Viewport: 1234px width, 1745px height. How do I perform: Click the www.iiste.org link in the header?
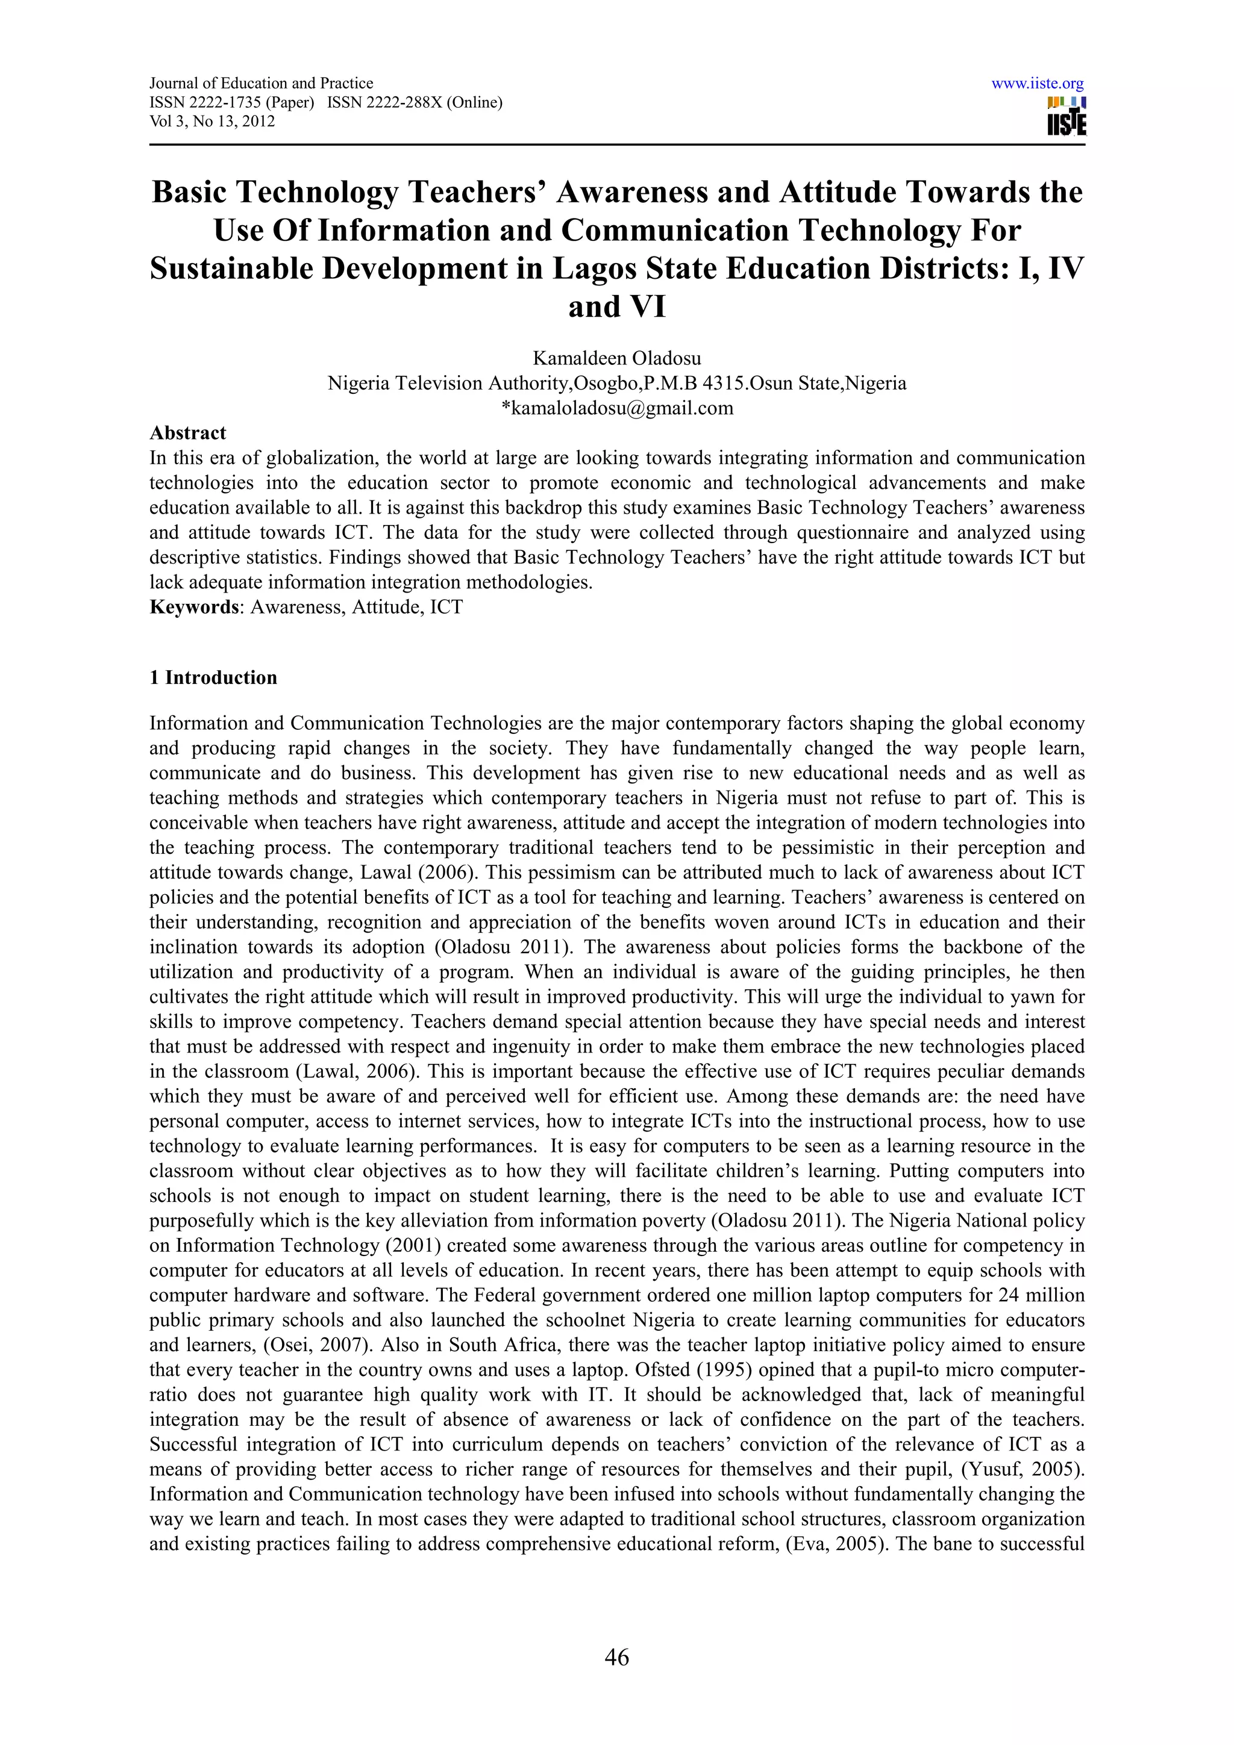1037,84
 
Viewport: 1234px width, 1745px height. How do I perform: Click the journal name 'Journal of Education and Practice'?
261,84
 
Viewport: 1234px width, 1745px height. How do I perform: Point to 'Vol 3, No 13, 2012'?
212,122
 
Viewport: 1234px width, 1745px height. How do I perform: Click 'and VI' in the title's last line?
616,307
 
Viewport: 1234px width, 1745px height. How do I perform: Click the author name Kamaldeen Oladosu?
616,358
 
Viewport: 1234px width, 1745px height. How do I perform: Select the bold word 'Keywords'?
194,607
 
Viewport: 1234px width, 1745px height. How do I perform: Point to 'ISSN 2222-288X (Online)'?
415,102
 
